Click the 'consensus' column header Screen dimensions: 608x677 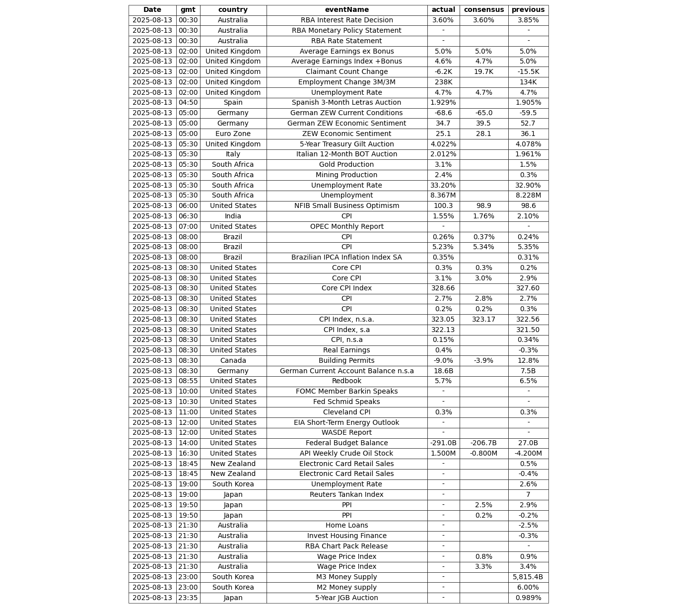[x=483, y=10]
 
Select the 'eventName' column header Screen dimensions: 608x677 [x=346, y=10]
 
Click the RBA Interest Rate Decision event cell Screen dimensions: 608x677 [x=346, y=20]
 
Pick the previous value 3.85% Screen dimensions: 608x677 [x=528, y=20]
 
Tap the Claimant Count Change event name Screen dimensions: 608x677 [x=346, y=72]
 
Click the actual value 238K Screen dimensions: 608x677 [x=443, y=82]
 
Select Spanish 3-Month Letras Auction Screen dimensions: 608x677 [x=346, y=103]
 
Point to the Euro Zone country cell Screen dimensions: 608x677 [x=233, y=134]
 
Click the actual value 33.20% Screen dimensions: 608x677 [x=443, y=186]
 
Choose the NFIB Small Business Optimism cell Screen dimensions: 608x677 [x=346, y=206]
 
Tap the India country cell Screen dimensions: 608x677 [x=233, y=216]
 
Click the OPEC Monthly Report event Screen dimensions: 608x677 [x=346, y=227]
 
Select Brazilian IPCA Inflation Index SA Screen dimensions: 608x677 [x=346, y=258]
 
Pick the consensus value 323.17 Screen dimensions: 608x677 [x=483, y=320]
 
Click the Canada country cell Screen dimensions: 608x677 [x=233, y=361]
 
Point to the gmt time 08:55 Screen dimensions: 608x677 [x=188, y=381]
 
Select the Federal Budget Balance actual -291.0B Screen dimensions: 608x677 [x=443, y=443]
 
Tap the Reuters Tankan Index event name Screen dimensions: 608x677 [x=346, y=495]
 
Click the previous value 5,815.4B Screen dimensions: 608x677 [x=528, y=577]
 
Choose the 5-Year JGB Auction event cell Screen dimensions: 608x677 [x=346, y=598]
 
